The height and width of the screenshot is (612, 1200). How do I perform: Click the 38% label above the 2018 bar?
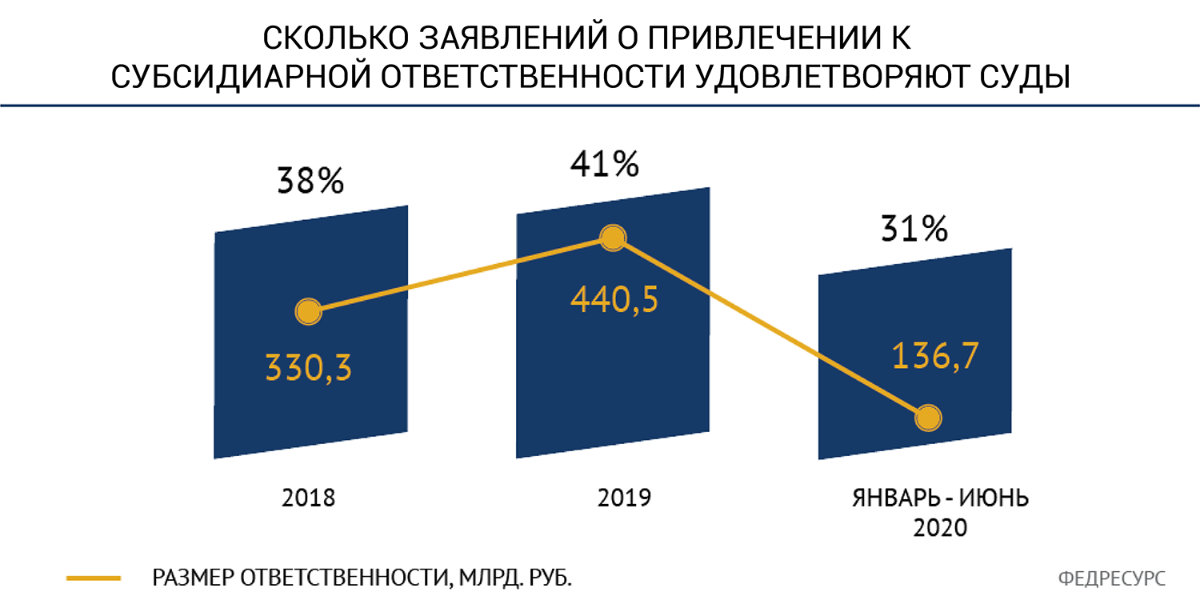point(310,182)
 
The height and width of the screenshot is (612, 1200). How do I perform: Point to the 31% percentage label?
point(914,230)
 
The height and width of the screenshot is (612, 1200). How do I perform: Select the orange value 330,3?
point(308,367)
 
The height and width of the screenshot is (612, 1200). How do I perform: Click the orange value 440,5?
point(614,301)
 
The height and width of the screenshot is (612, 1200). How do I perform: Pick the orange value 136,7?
point(934,358)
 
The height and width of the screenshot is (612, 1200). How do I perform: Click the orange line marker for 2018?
point(308,312)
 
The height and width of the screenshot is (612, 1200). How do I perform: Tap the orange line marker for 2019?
point(613,238)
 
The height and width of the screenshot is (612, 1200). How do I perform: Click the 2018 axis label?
point(308,498)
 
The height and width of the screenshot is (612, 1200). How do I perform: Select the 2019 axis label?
point(624,498)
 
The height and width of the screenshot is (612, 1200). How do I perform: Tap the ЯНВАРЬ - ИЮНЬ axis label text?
point(940,498)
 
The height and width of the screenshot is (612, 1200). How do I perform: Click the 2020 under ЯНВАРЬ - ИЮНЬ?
point(940,527)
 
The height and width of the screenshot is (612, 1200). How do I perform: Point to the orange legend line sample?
point(94,578)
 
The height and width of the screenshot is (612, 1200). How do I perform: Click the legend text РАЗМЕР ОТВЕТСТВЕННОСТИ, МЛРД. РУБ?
point(362,578)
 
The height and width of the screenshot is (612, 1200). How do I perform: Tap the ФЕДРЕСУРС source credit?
point(1111,578)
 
